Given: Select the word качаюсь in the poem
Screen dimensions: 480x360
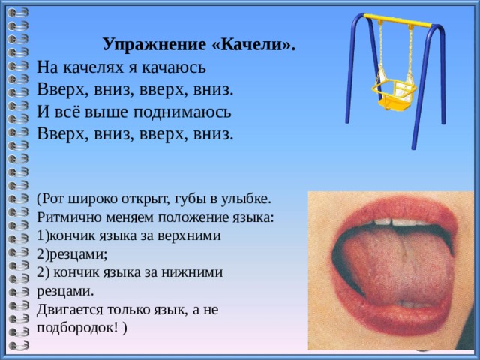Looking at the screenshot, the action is click(x=173, y=67).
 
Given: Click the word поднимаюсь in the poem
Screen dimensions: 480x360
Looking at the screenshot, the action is click(x=182, y=112).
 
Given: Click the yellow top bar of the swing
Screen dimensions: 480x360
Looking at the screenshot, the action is click(x=398, y=21).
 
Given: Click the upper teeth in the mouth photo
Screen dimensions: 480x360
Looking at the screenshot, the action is click(x=398, y=222).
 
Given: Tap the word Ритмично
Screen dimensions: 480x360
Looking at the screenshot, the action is click(x=70, y=218).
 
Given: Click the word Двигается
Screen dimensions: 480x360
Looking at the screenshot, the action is click(x=70, y=310).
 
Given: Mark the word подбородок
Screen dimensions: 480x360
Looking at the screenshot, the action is click(x=77, y=328).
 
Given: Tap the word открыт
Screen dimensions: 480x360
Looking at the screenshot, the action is click(x=145, y=199).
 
